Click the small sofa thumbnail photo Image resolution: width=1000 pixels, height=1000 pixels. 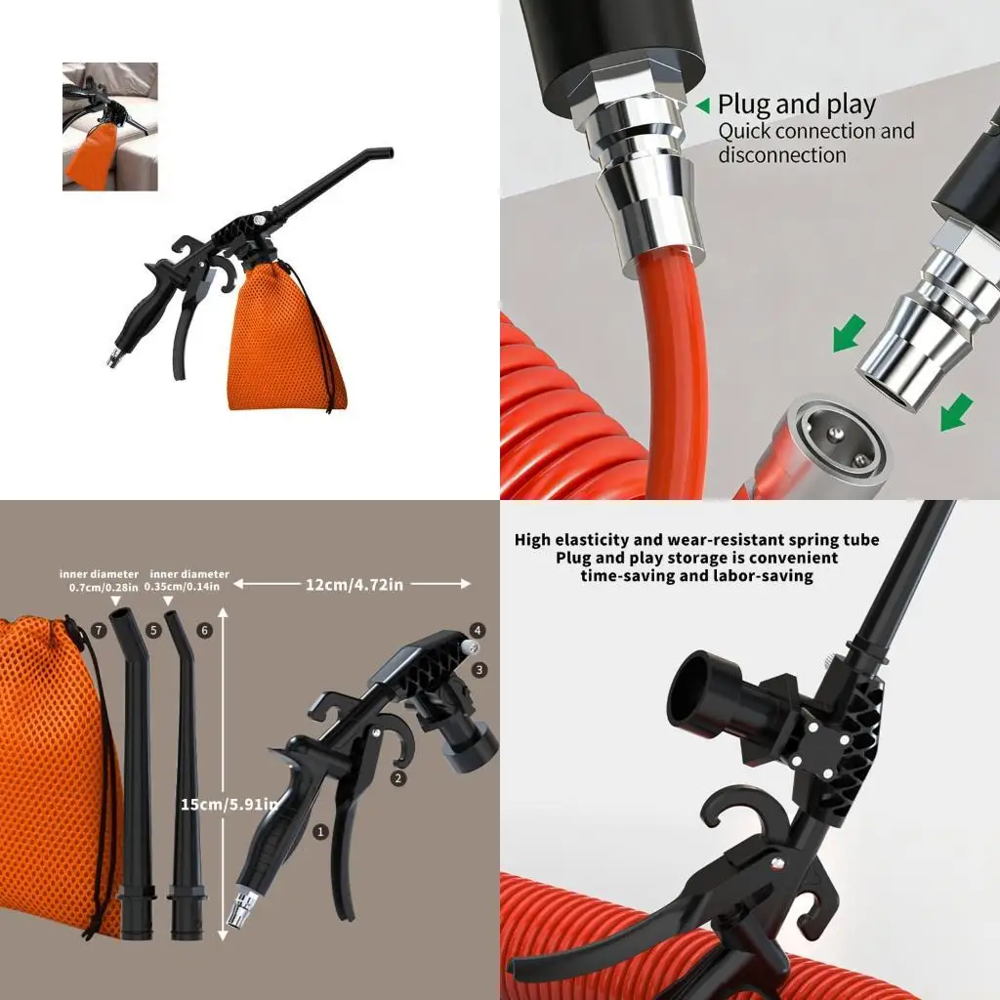(x=109, y=126)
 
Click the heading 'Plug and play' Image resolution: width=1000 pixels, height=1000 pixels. (x=796, y=104)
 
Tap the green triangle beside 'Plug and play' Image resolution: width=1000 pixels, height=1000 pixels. (x=702, y=105)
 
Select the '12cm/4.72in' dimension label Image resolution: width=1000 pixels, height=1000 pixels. (x=353, y=584)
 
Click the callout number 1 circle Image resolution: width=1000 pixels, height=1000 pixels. (x=319, y=831)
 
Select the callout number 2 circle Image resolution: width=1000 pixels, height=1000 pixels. (x=397, y=778)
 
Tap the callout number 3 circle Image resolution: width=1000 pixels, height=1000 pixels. (x=479, y=670)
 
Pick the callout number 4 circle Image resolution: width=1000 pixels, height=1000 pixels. (x=478, y=630)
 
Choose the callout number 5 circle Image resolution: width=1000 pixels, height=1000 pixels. (x=153, y=631)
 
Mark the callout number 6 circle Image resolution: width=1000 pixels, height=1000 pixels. (x=204, y=631)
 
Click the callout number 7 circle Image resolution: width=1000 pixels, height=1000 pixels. (x=100, y=631)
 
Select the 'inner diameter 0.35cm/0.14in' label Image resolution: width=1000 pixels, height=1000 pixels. (x=189, y=580)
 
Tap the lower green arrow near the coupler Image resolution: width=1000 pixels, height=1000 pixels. (x=955, y=411)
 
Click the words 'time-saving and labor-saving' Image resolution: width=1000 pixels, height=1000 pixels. (x=696, y=576)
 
